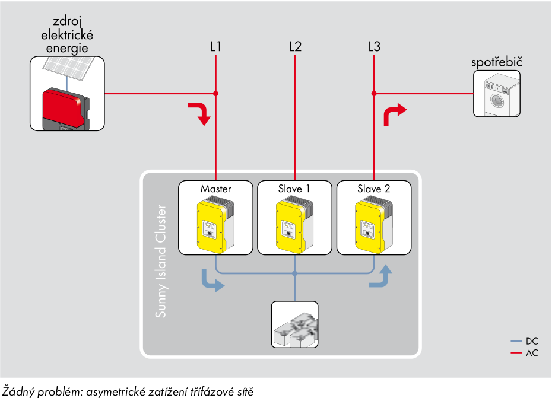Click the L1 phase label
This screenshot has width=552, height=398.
(x=216, y=47)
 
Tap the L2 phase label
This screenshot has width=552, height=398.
(x=296, y=47)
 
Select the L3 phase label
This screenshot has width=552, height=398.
(x=374, y=47)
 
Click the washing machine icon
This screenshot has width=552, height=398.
(x=497, y=94)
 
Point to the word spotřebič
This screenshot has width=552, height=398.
(x=497, y=62)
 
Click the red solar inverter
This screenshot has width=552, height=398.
(x=66, y=109)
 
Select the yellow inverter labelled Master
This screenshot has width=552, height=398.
(x=215, y=225)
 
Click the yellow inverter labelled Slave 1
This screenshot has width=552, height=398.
(x=294, y=225)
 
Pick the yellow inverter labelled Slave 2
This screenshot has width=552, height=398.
(x=374, y=225)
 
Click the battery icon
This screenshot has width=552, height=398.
(x=295, y=329)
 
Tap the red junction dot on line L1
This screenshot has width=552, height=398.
(x=216, y=94)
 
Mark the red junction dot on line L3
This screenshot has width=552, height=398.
(x=374, y=94)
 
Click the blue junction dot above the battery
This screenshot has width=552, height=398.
(x=294, y=273)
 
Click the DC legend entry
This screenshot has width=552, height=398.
(x=524, y=341)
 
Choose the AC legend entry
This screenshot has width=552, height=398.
(x=524, y=352)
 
